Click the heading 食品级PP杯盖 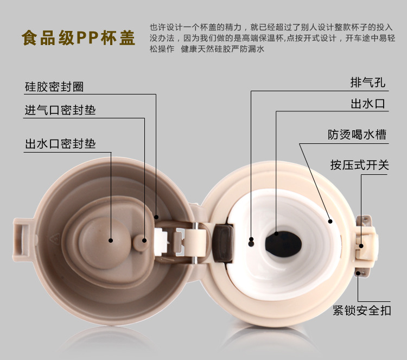(x=78, y=38)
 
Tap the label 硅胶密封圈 (x=54, y=87)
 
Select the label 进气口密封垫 (x=60, y=110)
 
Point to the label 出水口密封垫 (x=60, y=144)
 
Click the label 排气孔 (x=368, y=83)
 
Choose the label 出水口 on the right (x=368, y=104)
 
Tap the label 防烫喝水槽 (x=357, y=135)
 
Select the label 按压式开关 (x=359, y=165)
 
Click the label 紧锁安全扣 (x=362, y=311)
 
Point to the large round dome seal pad (x=104, y=243)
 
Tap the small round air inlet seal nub (x=141, y=243)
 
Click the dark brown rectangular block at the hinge (x=222, y=243)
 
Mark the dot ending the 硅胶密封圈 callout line (x=156, y=217)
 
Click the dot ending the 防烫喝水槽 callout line (x=330, y=222)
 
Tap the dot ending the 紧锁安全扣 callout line (x=358, y=273)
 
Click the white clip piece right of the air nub (x=161, y=242)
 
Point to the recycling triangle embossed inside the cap (x=55, y=238)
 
